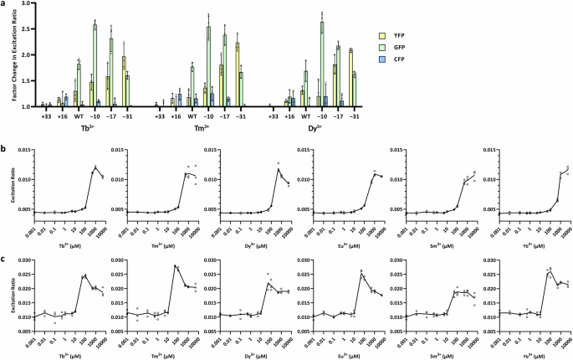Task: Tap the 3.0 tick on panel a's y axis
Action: coord(28,5)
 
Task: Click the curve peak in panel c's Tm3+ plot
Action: coord(176,266)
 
